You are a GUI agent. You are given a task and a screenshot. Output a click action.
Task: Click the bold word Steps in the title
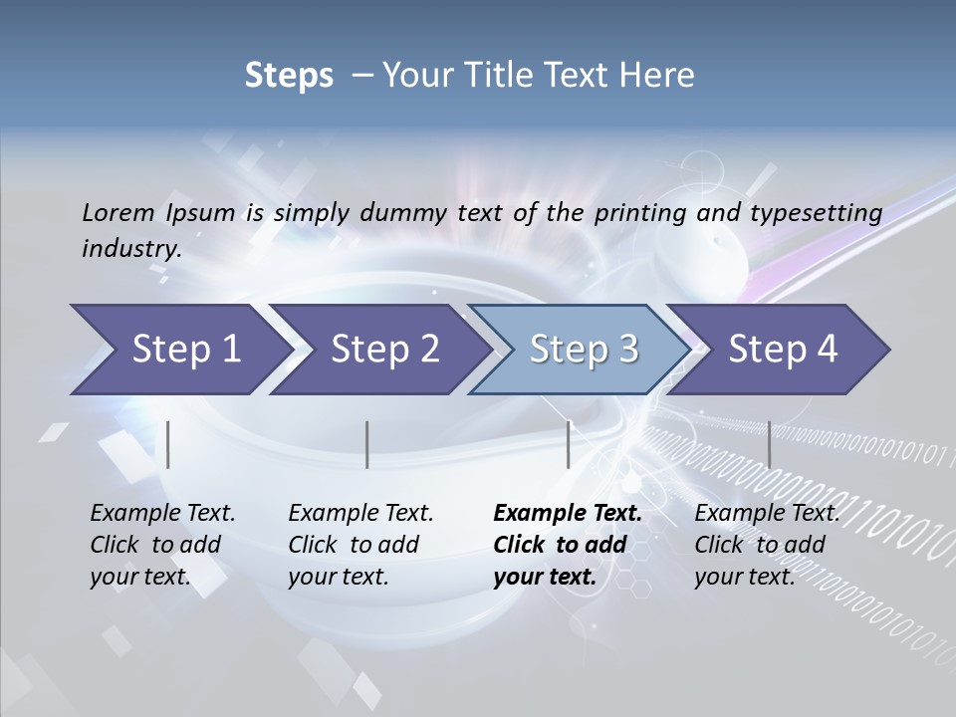click(289, 75)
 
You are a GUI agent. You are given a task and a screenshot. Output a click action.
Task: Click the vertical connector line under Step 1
click(168, 444)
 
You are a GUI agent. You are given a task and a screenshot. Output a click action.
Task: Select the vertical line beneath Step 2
click(367, 444)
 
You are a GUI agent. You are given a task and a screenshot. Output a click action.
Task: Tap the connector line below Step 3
click(568, 444)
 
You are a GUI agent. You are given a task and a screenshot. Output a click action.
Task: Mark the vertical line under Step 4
click(769, 444)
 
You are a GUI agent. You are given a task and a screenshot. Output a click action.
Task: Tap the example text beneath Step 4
click(766, 545)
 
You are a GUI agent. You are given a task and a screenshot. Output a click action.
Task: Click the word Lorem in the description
click(118, 212)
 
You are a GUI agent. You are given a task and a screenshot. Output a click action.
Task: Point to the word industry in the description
click(131, 249)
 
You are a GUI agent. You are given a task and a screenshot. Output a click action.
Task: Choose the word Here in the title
click(659, 75)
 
